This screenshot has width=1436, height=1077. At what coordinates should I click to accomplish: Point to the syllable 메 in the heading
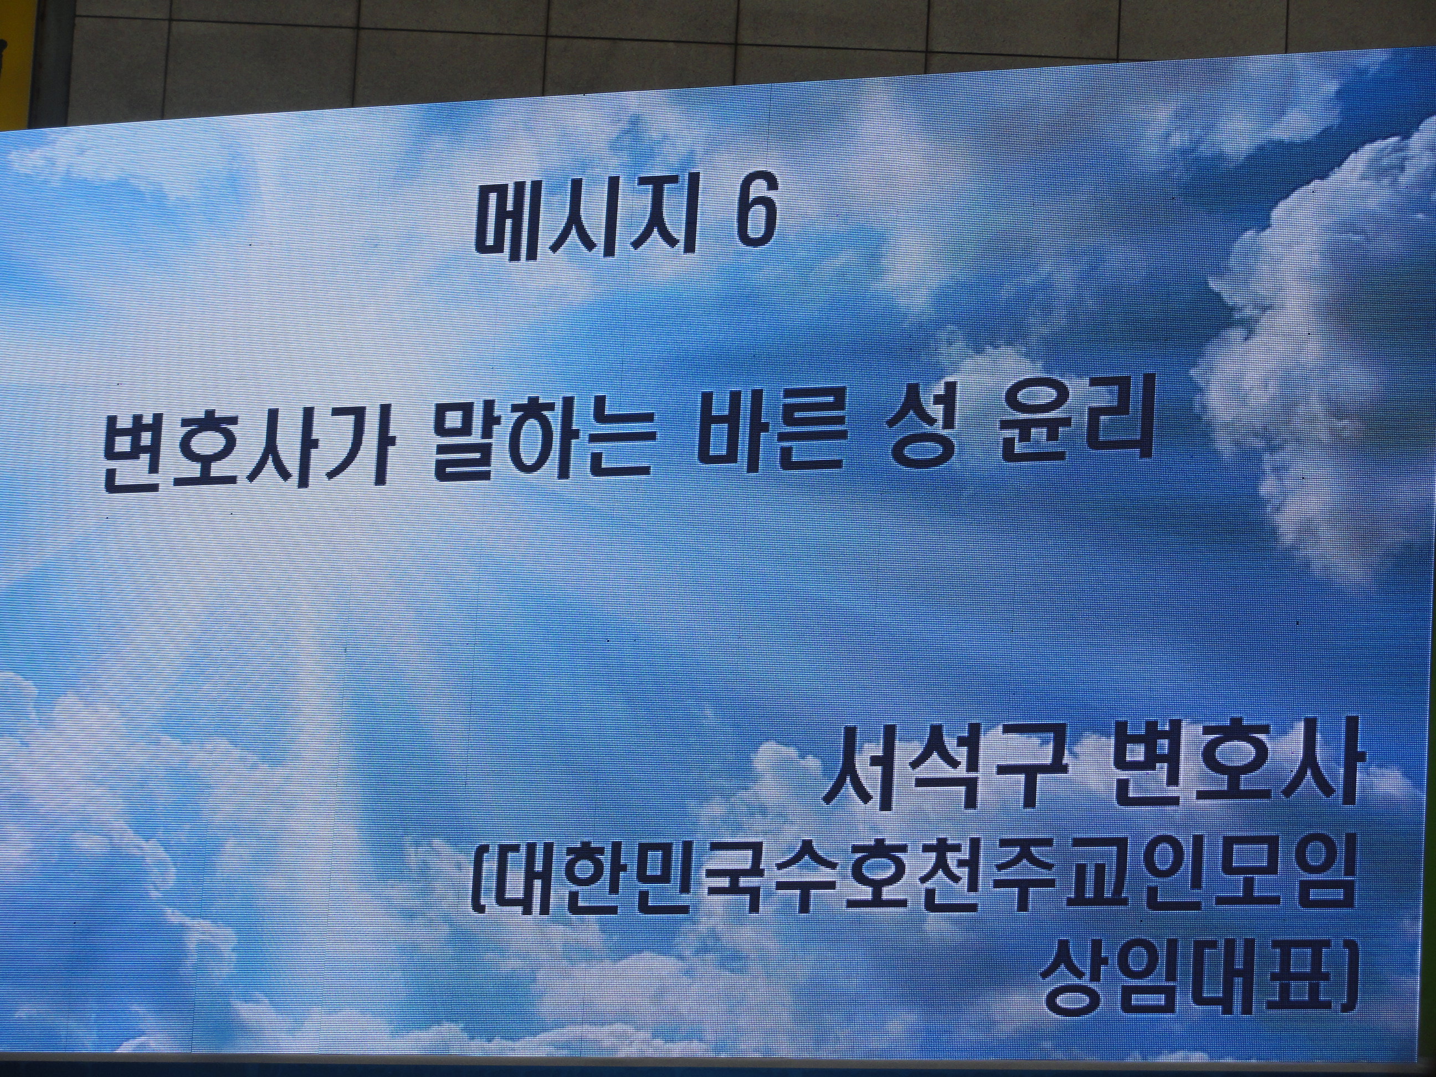click(510, 224)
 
